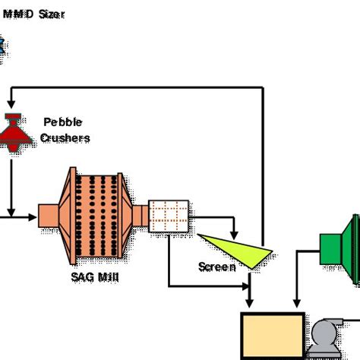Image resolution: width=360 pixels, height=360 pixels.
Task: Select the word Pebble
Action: point(63,122)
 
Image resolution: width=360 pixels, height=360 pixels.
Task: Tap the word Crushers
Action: point(65,137)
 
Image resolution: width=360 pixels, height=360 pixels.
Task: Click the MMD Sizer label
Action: point(33,14)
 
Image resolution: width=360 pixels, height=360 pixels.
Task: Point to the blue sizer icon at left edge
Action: point(3,47)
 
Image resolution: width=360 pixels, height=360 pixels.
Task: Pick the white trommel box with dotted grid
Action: point(167,216)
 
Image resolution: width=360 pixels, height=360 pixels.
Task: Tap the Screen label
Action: point(216,267)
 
